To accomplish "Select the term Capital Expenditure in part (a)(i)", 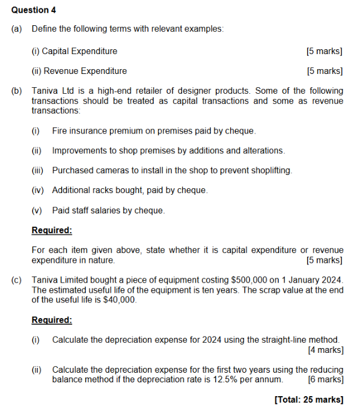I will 79,51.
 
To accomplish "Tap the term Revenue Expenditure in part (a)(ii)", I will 84,71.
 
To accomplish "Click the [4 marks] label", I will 325,349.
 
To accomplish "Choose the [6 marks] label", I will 325,380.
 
